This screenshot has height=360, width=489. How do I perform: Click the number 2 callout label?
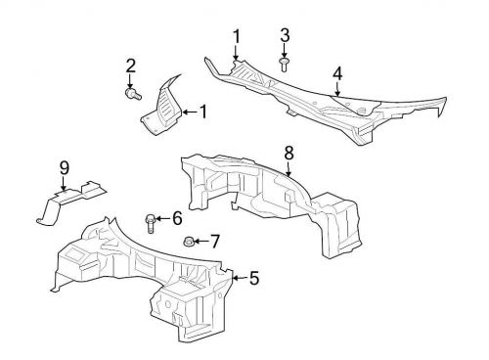130,67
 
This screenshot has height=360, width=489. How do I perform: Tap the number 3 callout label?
285,35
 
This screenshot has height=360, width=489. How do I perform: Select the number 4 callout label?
337,73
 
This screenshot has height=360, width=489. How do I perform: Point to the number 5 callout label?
254,279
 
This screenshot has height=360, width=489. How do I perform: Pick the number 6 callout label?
177,218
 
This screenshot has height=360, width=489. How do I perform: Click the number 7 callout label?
216,241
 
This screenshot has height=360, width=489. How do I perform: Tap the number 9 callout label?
65,168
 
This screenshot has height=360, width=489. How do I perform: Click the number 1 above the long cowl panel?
237,36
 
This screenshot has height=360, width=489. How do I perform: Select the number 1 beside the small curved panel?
203,112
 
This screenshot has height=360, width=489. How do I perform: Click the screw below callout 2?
135,95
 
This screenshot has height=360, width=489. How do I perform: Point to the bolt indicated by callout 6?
151,222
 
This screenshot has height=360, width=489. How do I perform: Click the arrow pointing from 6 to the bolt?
163,218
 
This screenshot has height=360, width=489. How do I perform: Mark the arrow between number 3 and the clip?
285,51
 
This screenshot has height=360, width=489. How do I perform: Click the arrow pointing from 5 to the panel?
240,279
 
